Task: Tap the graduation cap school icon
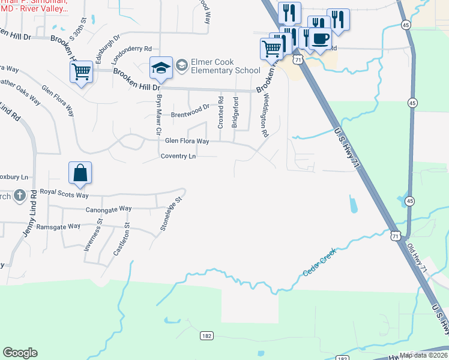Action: click(x=161, y=68)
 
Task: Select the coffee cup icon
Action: click(x=320, y=39)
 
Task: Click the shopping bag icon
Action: click(x=80, y=173)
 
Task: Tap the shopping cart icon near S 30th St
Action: click(x=81, y=72)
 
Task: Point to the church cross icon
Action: click(x=20, y=195)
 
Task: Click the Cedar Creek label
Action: click(x=319, y=262)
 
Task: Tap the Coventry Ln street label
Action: click(x=178, y=156)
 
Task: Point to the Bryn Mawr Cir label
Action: click(x=159, y=113)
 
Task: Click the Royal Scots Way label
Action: click(x=64, y=194)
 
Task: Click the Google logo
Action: click(x=20, y=353)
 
